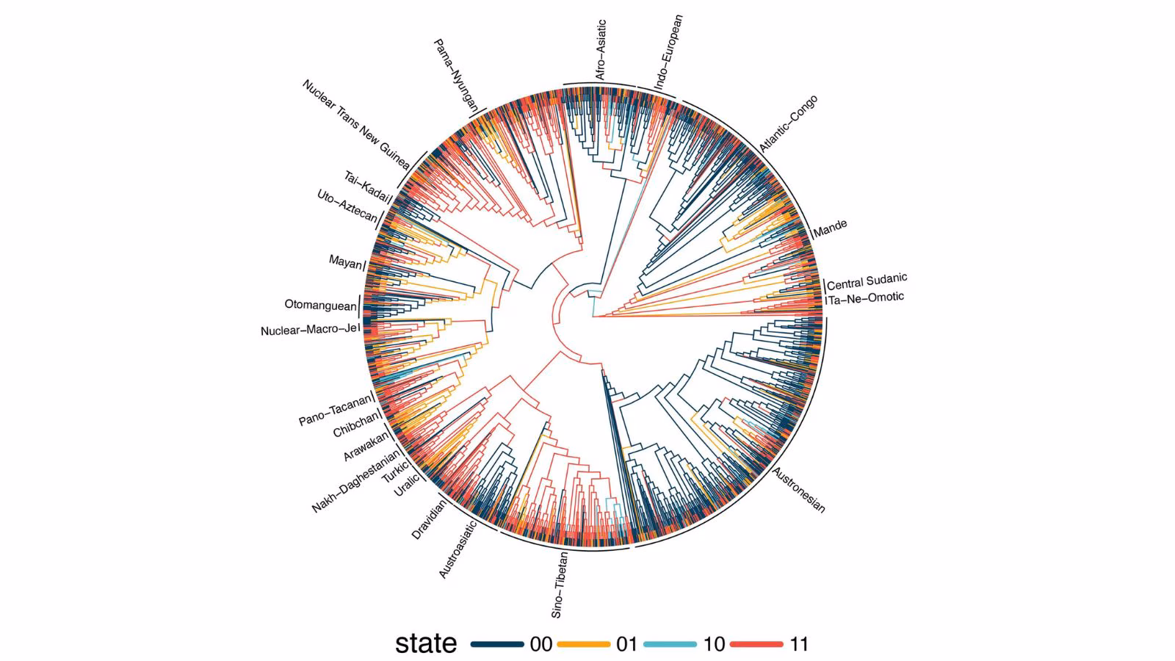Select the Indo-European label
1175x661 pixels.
click(668, 52)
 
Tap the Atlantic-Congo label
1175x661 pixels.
click(788, 123)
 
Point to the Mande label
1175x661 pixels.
click(830, 228)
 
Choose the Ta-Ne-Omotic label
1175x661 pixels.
click(867, 298)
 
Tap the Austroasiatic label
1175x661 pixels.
click(458, 549)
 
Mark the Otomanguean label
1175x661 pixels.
click(320, 305)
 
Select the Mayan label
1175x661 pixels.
click(345, 261)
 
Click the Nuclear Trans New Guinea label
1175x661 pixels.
click(355, 125)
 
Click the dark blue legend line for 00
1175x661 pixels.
click(497, 644)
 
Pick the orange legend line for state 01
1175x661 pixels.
click(584, 644)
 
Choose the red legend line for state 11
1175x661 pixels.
click(756, 644)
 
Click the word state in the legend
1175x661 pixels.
click(426, 643)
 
